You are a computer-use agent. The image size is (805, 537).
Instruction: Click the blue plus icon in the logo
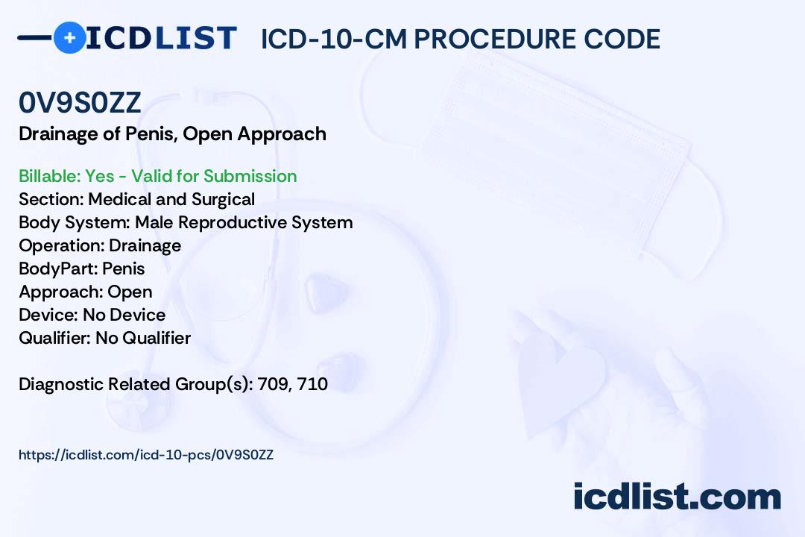(69, 37)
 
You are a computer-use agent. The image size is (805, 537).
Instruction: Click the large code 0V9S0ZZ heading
(80, 103)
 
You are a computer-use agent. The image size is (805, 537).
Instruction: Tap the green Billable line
(157, 176)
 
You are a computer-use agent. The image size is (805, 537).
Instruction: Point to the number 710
(312, 384)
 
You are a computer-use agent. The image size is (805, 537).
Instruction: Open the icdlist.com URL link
(146, 455)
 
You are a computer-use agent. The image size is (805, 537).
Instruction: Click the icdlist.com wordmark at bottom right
(677, 497)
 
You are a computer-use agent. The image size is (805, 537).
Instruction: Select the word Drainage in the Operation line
(145, 245)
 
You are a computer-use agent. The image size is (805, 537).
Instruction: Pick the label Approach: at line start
(61, 292)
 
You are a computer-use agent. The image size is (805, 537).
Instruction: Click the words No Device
(124, 315)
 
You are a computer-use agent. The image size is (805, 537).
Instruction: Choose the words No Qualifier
(143, 338)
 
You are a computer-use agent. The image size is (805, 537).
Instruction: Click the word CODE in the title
(622, 39)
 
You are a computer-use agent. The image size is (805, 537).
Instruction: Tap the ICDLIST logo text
(161, 37)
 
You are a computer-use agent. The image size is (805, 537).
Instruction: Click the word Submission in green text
(250, 176)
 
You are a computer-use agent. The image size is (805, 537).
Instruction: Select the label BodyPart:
(58, 268)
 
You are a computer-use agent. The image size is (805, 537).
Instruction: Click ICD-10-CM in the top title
(334, 39)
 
